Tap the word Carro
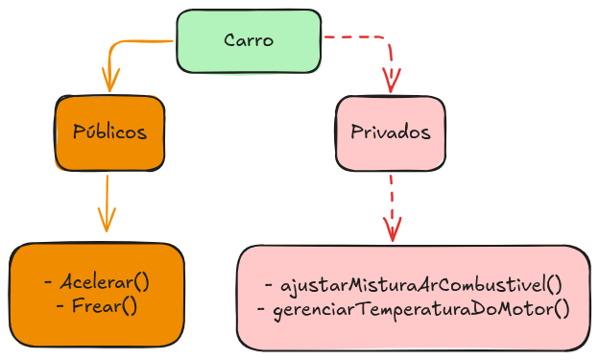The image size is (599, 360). (x=249, y=40)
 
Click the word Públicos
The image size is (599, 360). (x=109, y=132)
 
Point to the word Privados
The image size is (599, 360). (x=390, y=132)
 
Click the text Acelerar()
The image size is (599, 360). (x=105, y=283)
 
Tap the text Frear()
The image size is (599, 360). (x=105, y=306)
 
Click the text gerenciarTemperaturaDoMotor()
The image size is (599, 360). (x=421, y=309)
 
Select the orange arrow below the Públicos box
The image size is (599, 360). (x=107, y=197)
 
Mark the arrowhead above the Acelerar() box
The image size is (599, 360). (x=107, y=223)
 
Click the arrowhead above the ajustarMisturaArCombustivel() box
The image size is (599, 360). (x=392, y=231)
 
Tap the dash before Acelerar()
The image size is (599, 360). (x=48, y=283)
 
